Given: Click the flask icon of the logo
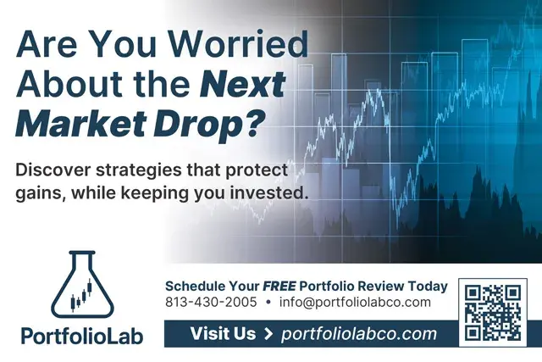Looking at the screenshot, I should point(81,284).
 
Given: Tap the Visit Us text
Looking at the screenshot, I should point(223,334).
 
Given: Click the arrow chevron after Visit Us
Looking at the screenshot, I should point(268,334).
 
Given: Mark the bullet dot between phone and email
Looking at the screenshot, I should point(268,302).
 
